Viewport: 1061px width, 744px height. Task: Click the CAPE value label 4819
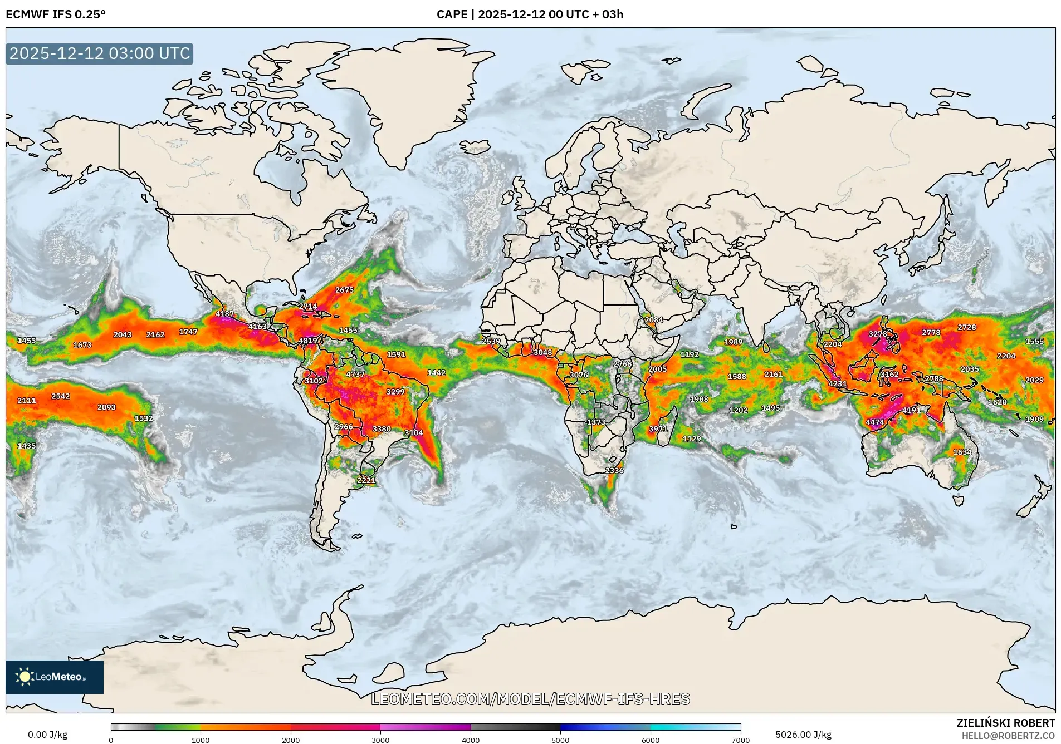[x=307, y=341]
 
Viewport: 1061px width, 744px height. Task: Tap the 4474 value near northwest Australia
[x=874, y=422]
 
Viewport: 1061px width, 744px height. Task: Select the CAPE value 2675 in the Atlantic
[x=344, y=290]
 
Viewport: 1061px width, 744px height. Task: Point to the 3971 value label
[x=658, y=429]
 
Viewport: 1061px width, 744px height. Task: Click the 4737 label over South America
[x=355, y=375]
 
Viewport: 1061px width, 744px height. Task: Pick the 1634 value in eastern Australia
[x=962, y=452]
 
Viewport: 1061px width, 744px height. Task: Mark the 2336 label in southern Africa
[x=614, y=471]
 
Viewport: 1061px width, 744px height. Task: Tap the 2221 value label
[x=366, y=480]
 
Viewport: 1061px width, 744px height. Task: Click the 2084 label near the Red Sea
[x=653, y=320]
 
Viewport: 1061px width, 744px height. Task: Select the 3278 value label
[x=878, y=334]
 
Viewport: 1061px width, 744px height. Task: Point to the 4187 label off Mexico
[x=224, y=314]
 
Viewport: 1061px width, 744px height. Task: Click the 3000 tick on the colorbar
[x=380, y=740]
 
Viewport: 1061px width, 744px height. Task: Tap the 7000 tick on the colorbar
[x=740, y=740]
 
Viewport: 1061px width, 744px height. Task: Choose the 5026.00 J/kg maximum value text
[x=803, y=735]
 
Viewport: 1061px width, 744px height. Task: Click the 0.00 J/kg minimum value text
[x=47, y=735]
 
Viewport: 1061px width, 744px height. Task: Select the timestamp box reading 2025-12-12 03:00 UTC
[x=100, y=53]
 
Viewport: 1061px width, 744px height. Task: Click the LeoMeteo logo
[x=54, y=677]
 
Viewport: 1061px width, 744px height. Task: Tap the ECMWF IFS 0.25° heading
[x=56, y=14]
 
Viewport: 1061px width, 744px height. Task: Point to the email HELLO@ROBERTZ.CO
[x=1008, y=736]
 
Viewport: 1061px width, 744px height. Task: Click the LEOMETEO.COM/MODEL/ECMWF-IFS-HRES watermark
[x=530, y=699]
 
